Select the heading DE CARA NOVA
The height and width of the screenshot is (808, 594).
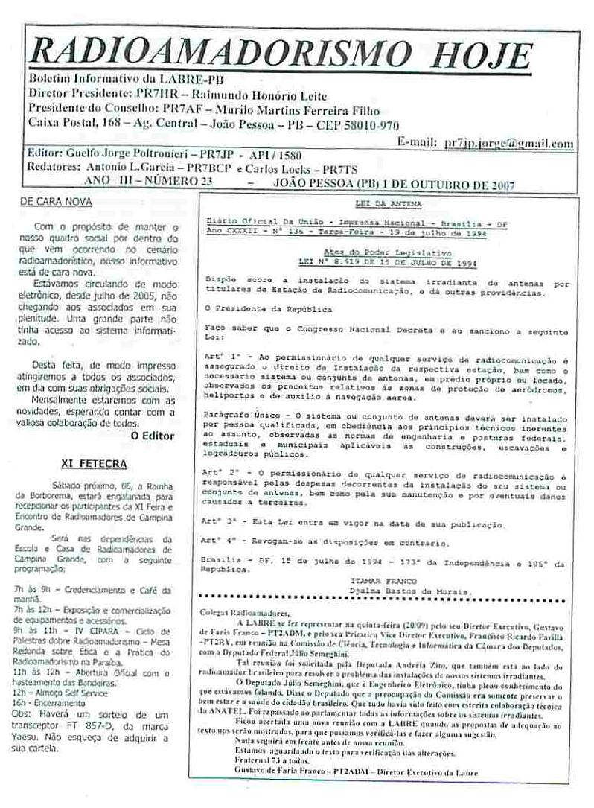(x=56, y=202)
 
